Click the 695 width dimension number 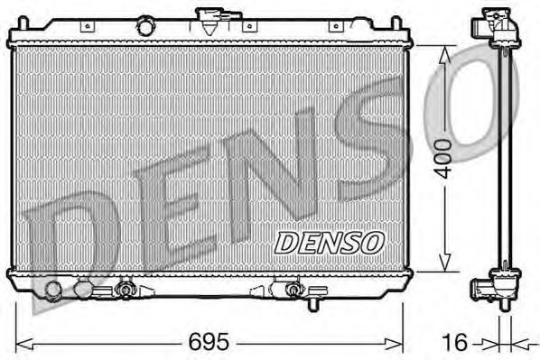point(209,341)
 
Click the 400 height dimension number point(443,159)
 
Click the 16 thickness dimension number point(454,343)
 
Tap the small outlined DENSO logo point(330,243)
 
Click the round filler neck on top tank point(145,26)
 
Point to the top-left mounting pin point(23,23)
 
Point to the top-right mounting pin point(396,23)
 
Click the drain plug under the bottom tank point(313,304)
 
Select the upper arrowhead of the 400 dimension point(444,55)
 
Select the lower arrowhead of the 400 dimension point(444,262)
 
